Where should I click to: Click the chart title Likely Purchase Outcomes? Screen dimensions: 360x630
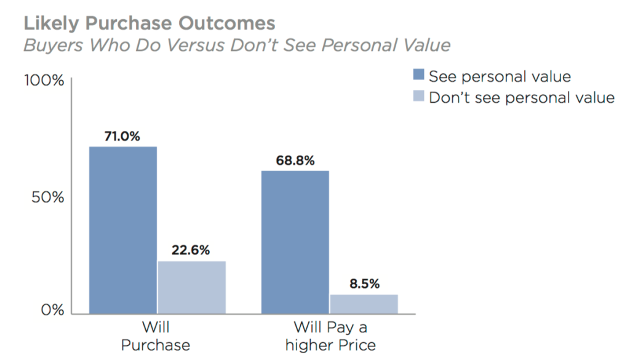[x=149, y=23]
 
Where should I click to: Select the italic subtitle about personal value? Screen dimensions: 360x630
[x=237, y=46]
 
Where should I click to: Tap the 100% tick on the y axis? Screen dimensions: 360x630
[x=44, y=81]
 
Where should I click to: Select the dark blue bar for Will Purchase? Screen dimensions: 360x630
[x=123, y=230]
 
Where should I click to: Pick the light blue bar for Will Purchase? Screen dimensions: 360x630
[x=191, y=287]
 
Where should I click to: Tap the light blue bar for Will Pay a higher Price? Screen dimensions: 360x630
[x=364, y=304]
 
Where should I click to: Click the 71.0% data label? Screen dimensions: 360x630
[x=123, y=137]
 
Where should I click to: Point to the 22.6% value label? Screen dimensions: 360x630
[x=191, y=250]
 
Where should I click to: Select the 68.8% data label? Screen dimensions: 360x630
[x=295, y=161]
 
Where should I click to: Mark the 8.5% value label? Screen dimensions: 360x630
[x=364, y=284]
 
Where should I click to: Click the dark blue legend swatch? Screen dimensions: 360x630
[x=419, y=76]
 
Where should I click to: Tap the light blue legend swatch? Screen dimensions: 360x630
[x=419, y=97]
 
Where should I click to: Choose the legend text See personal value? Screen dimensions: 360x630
[x=500, y=76]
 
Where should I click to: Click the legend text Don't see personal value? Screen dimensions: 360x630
[x=521, y=97]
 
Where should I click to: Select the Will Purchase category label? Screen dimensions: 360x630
[x=156, y=336]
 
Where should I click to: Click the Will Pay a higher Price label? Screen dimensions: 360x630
[x=330, y=336]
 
